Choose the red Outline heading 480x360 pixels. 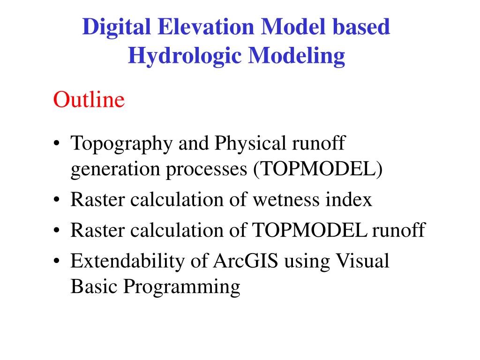(89, 100)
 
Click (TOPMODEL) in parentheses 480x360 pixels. (318, 170)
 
